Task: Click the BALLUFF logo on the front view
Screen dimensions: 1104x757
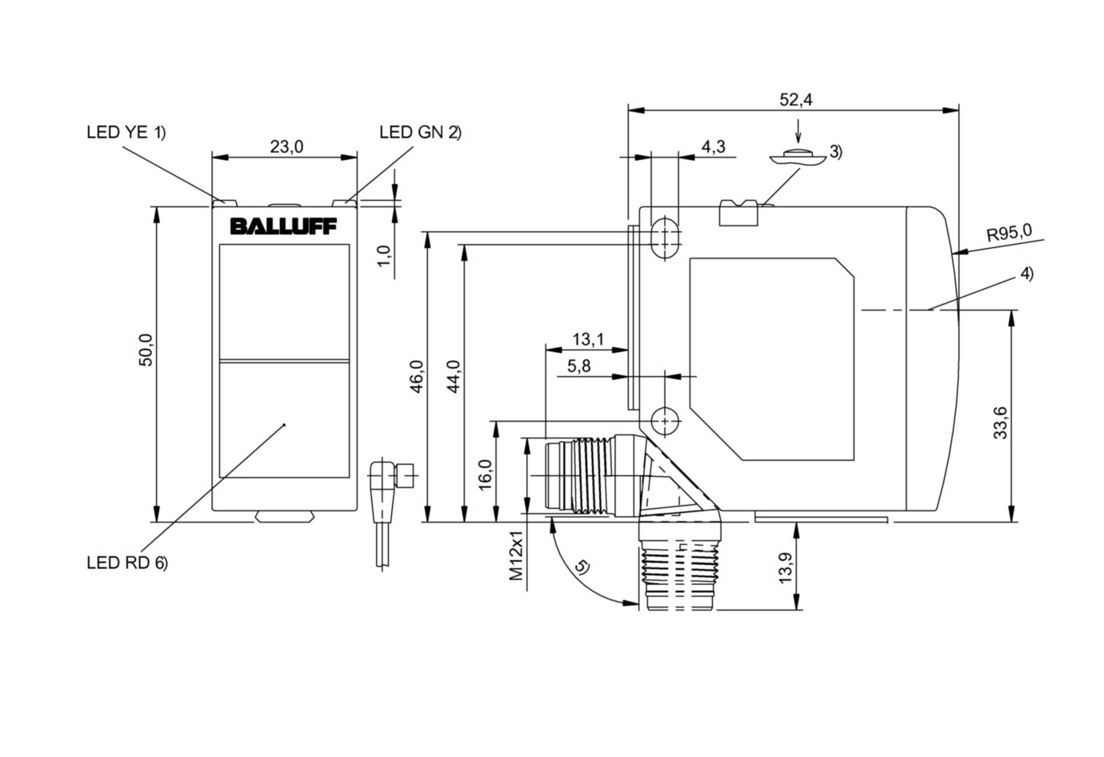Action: point(284,226)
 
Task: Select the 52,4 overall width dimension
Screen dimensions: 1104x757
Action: point(795,100)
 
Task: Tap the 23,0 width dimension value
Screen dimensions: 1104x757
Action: point(286,146)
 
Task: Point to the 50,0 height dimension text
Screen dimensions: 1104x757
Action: point(146,350)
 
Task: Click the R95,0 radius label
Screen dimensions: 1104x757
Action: point(1010,232)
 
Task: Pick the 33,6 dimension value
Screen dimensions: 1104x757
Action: point(1001,423)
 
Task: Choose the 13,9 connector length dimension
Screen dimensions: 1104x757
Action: point(785,568)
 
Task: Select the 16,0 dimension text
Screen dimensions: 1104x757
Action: point(486,474)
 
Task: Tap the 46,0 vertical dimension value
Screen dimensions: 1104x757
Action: point(417,377)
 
